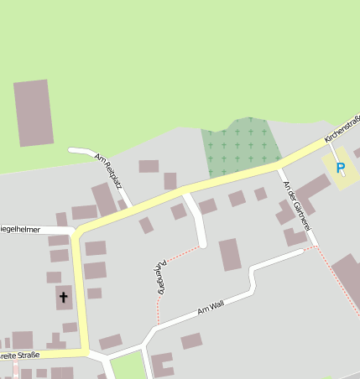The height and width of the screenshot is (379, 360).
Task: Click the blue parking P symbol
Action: click(340, 168)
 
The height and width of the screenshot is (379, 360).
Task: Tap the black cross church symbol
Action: click(63, 297)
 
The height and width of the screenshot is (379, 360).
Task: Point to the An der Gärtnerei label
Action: click(298, 206)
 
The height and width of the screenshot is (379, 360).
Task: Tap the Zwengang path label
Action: click(159, 276)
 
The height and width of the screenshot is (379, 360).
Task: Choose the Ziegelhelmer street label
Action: click(19, 228)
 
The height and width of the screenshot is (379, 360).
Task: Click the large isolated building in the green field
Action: click(34, 113)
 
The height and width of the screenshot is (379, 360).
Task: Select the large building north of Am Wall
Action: click(230, 254)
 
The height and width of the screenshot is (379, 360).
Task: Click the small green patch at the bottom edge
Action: click(128, 366)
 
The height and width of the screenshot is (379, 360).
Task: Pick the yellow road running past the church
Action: click(81, 293)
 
